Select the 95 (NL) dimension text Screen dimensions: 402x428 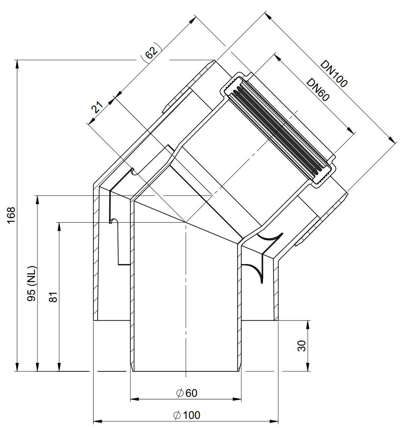click(x=32, y=283)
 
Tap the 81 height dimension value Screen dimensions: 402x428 click(x=53, y=297)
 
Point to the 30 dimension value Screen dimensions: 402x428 click(x=302, y=346)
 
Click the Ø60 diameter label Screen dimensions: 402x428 click(x=187, y=394)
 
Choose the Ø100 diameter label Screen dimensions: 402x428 click(x=187, y=415)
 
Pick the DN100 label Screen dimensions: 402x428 click(x=334, y=73)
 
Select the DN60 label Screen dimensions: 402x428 click(x=318, y=90)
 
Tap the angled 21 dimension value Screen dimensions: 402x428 click(x=97, y=107)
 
